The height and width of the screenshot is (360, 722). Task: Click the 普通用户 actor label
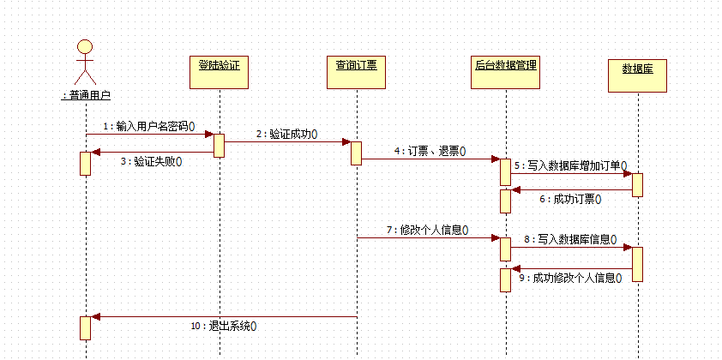click(x=86, y=96)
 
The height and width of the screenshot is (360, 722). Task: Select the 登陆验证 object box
click(x=219, y=70)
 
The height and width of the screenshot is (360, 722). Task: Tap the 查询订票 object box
click(x=356, y=70)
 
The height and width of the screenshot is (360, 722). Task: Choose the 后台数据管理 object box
click(x=506, y=70)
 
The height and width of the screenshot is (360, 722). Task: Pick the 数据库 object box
click(x=637, y=73)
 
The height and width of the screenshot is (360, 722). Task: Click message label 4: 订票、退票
click(x=430, y=151)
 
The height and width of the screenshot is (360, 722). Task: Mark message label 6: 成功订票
click(x=570, y=198)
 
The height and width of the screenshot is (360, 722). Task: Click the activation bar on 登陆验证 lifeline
click(x=219, y=145)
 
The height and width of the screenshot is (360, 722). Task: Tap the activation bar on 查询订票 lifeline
click(x=356, y=153)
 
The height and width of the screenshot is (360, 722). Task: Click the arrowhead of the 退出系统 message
click(x=95, y=317)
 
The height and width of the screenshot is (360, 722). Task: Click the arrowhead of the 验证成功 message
click(x=345, y=142)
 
